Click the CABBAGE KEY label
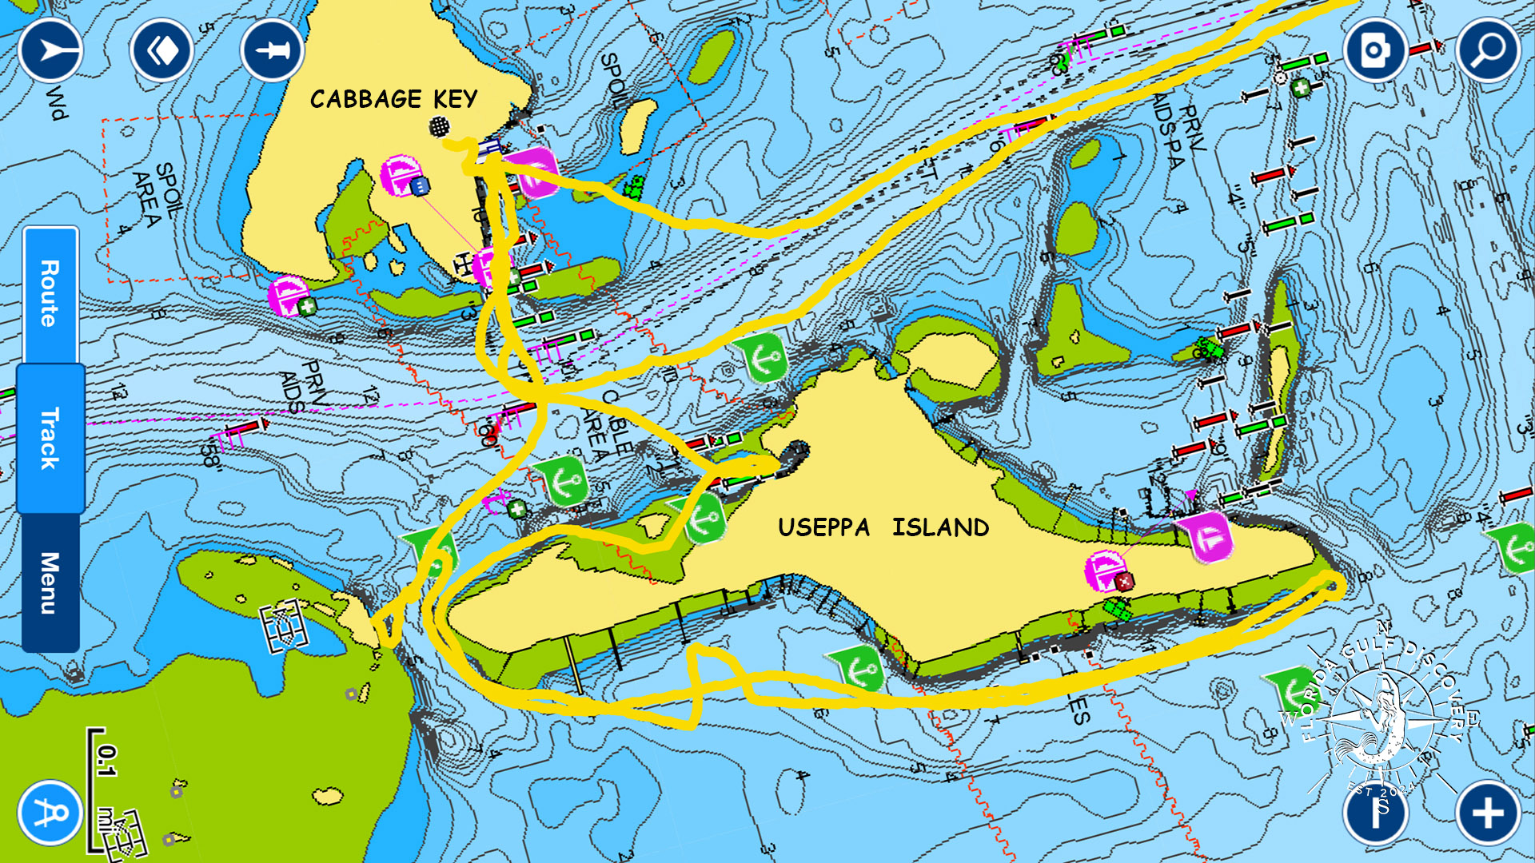(x=393, y=99)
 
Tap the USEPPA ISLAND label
(x=883, y=527)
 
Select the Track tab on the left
(x=50, y=438)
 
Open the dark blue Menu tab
(x=50, y=583)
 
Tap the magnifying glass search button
(x=1488, y=50)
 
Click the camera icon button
(x=1374, y=50)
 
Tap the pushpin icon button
(x=272, y=50)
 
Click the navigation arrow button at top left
(x=50, y=50)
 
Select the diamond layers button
(x=162, y=50)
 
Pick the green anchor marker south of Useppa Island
(x=859, y=667)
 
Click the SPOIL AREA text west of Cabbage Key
(x=157, y=197)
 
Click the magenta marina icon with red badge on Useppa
(x=1108, y=571)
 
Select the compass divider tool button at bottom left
(x=50, y=813)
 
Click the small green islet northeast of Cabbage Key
(x=712, y=56)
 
